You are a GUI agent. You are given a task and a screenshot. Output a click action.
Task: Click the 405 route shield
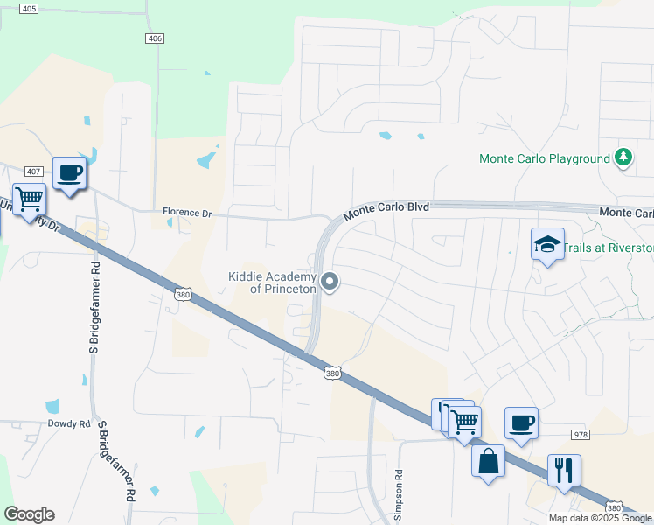(29, 9)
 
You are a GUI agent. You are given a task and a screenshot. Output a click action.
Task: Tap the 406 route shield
(155, 38)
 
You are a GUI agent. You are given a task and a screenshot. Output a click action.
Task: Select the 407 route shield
(34, 171)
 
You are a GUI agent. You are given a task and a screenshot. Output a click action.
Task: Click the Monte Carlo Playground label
(544, 158)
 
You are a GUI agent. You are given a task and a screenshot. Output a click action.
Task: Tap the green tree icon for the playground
(623, 157)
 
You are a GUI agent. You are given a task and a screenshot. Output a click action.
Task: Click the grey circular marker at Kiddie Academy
(330, 282)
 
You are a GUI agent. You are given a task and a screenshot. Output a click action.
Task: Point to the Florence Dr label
(187, 213)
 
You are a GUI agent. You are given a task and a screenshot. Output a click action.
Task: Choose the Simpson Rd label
(399, 486)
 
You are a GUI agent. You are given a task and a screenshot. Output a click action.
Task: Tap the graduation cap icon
(547, 244)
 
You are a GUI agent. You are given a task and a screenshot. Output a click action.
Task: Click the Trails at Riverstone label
(609, 248)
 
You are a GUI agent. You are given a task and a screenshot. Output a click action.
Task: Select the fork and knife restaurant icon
(565, 471)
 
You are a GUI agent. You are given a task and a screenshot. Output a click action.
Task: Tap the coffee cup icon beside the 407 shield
(69, 172)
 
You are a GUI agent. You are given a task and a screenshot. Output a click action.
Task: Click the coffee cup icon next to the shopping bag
(521, 423)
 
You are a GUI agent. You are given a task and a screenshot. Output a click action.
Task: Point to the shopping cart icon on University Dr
(29, 199)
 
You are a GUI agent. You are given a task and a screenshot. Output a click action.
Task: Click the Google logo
(29, 514)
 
